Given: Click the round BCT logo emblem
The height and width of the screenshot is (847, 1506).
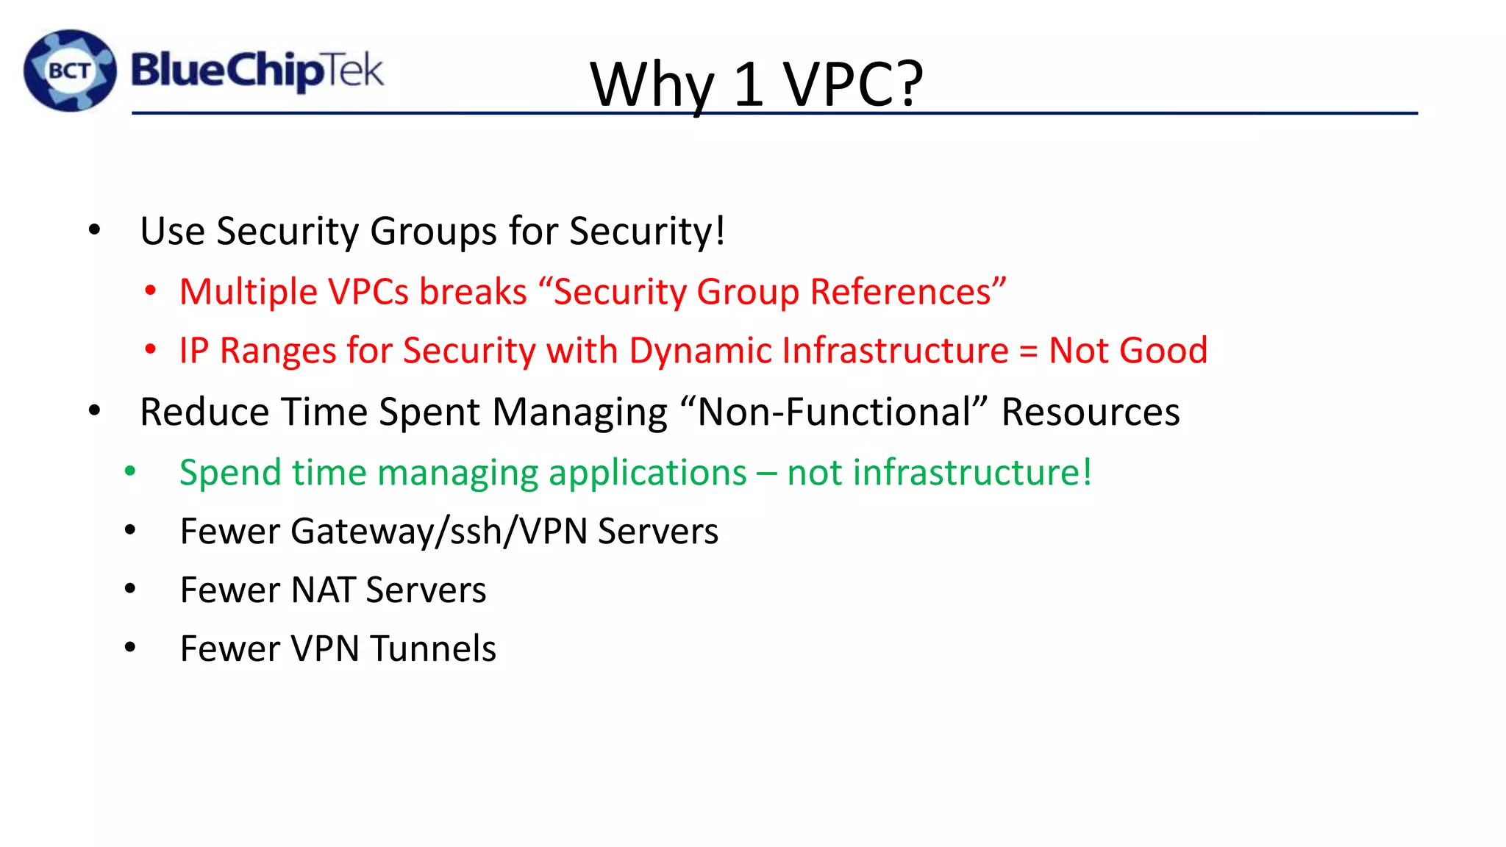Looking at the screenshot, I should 70,71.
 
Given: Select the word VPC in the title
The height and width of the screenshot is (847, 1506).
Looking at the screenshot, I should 839,84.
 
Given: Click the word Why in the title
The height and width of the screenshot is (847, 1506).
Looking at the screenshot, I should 652,85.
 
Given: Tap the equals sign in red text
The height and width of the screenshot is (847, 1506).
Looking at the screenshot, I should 1028,351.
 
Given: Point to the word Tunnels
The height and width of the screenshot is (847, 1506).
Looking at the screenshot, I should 433,649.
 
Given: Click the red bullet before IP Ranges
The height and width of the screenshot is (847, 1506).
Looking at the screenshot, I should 151,351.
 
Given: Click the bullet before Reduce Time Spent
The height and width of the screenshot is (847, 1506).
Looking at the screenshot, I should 94,411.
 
